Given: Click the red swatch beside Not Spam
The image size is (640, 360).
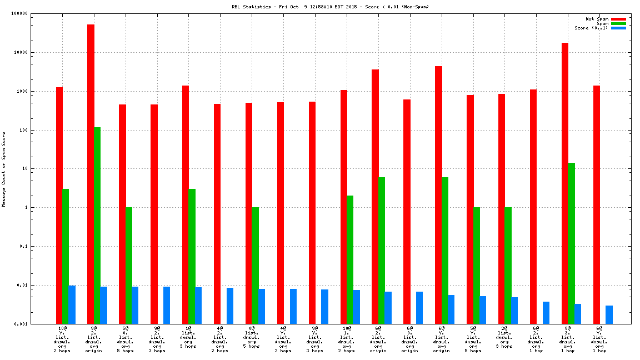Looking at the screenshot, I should pos(618,19).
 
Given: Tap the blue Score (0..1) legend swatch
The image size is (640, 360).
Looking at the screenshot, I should pos(618,28).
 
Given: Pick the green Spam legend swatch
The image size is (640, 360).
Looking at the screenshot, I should pos(618,23).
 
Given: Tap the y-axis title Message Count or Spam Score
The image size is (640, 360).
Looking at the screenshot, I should pos(4,169).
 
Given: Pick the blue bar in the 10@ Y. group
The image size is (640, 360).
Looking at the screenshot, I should pos(72,304).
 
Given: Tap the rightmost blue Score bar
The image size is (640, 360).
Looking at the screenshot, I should pos(609,314).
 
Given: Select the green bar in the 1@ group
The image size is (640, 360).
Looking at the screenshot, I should pos(192,256).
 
